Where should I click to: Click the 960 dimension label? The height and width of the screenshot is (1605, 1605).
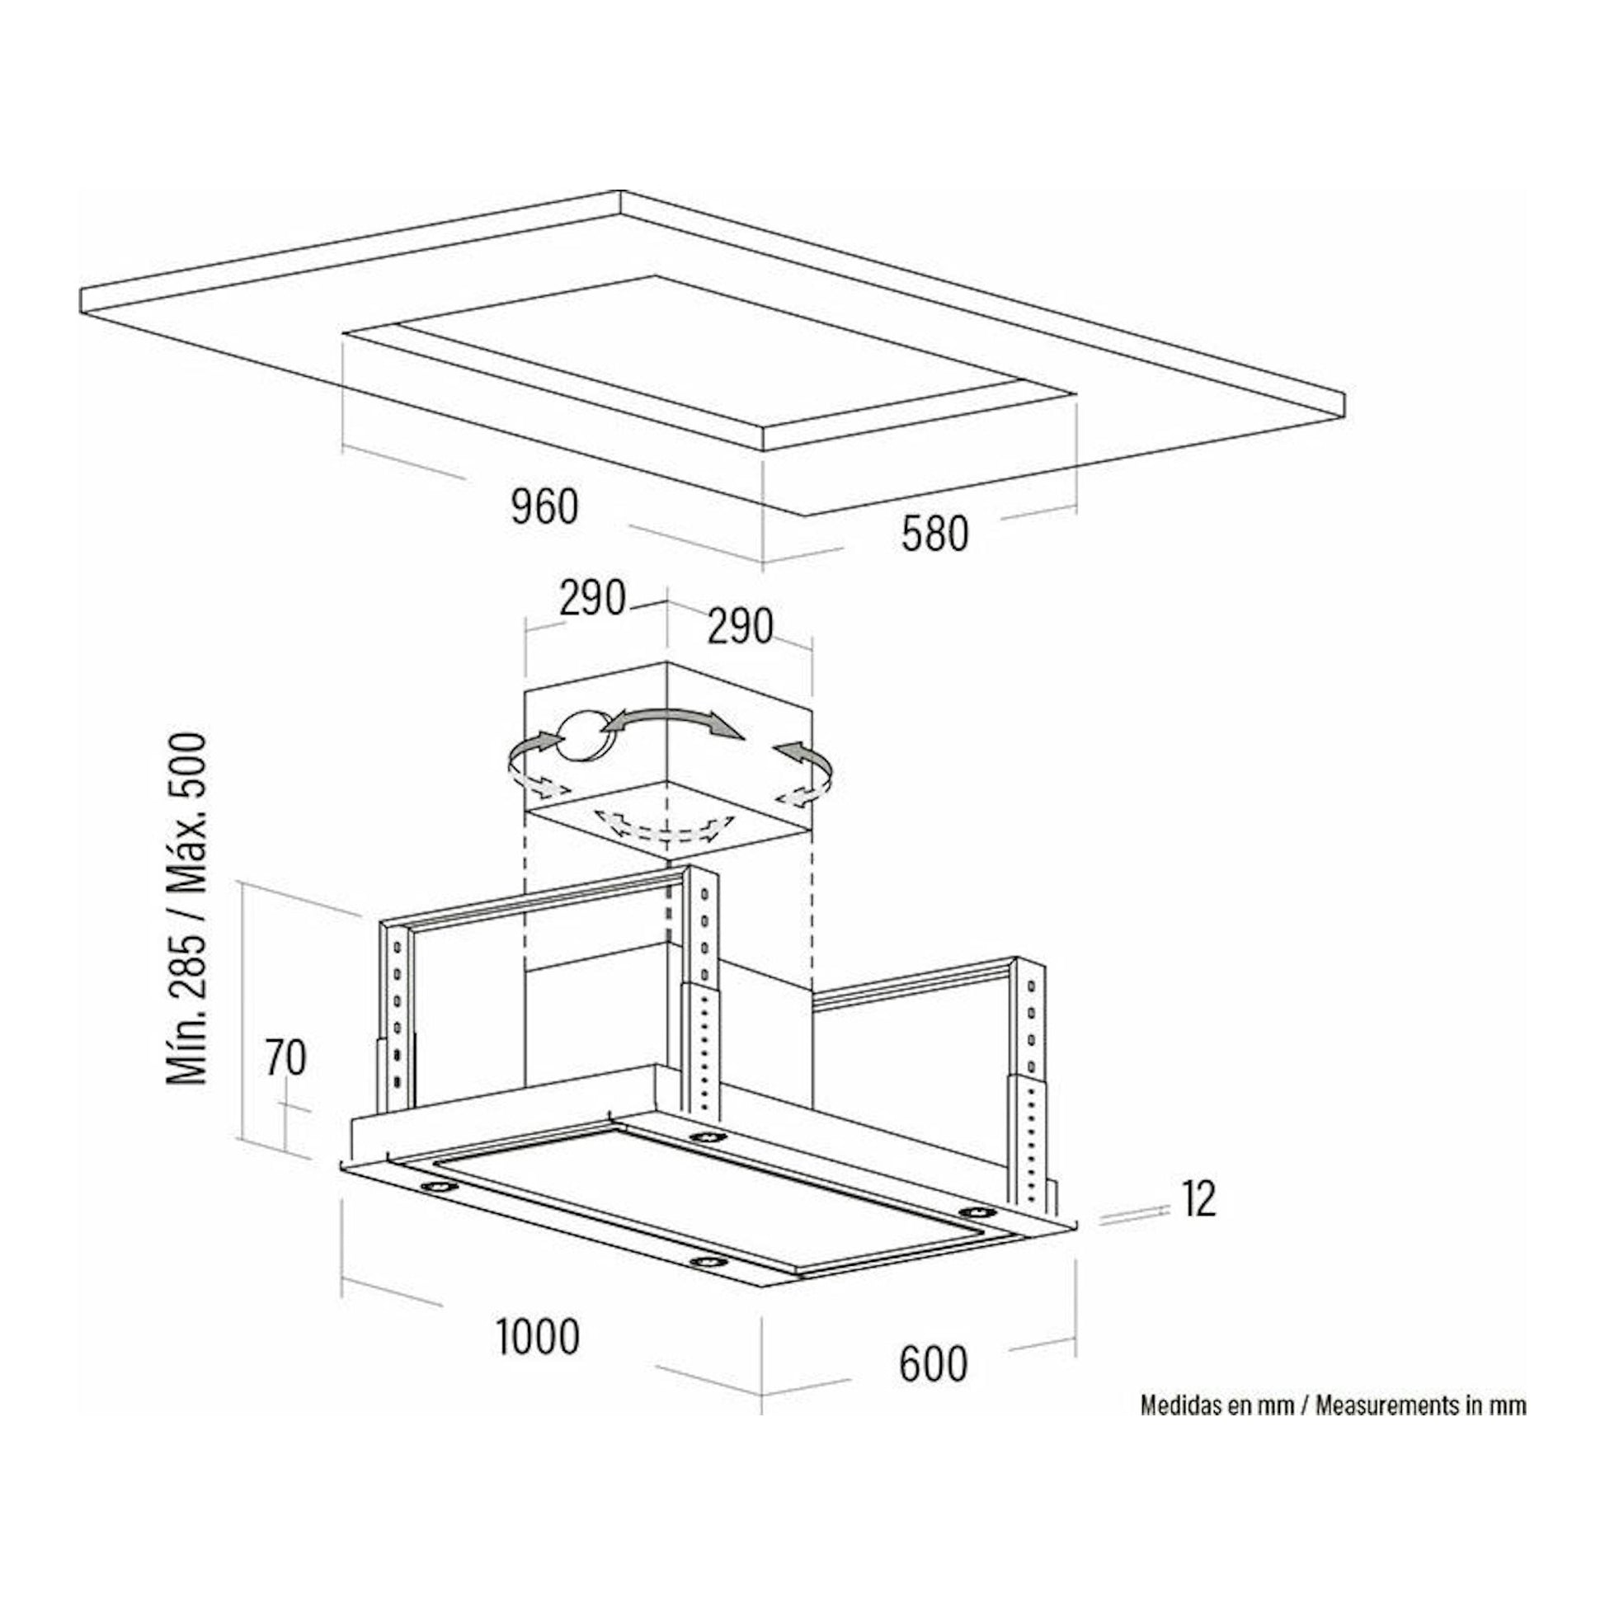click(544, 507)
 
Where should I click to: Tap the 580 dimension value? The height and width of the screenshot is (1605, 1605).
click(935, 534)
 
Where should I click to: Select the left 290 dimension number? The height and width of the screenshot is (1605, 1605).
click(592, 598)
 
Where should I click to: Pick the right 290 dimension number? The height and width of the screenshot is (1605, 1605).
click(740, 626)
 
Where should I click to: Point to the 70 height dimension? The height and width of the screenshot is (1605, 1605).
click(285, 1057)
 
